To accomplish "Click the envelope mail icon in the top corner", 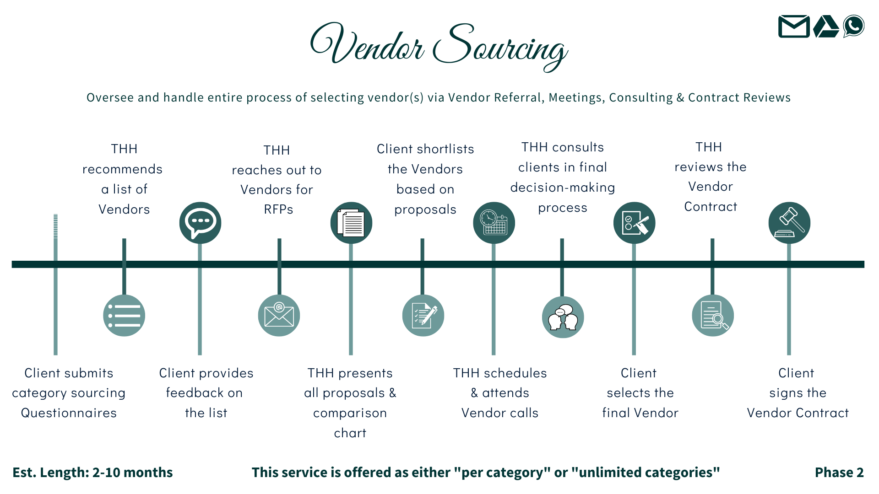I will click(793, 27).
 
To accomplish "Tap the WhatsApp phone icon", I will click(854, 26).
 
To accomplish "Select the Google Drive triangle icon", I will click(825, 27).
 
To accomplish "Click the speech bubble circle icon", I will click(200, 223).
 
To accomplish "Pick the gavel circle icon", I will click(789, 223).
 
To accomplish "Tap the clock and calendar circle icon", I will click(494, 223).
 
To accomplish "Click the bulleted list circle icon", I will click(124, 316).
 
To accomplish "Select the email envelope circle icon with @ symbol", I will click(279, 316).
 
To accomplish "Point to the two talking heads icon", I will click(563, 317).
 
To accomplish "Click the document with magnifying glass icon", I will click(713, 316).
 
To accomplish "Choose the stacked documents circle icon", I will click(351, 223).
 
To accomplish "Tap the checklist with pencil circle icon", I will click(423, 316).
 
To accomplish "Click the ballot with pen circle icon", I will click(634, 223).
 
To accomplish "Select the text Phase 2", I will click(839, 473).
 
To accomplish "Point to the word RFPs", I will click(278, 209).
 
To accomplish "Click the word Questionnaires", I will click(69, 413).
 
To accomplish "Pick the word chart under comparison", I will click(350, 433).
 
